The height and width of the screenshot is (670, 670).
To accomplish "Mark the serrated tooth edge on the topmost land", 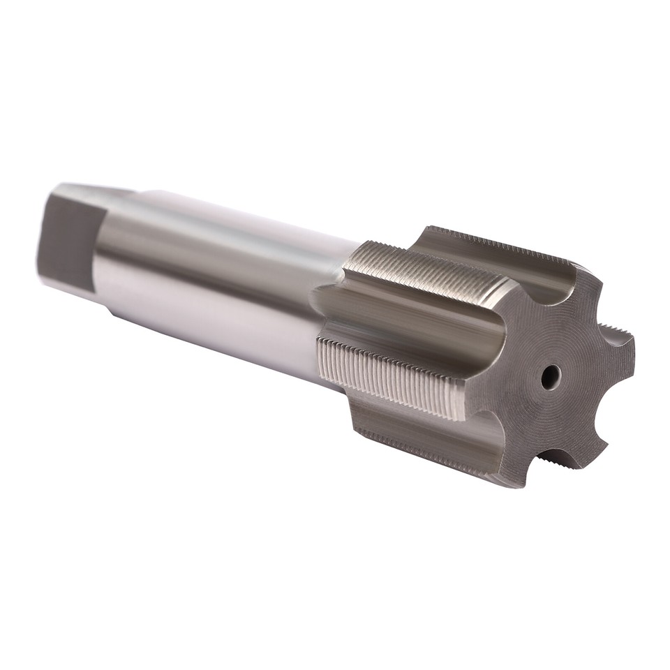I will pos(502,241).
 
